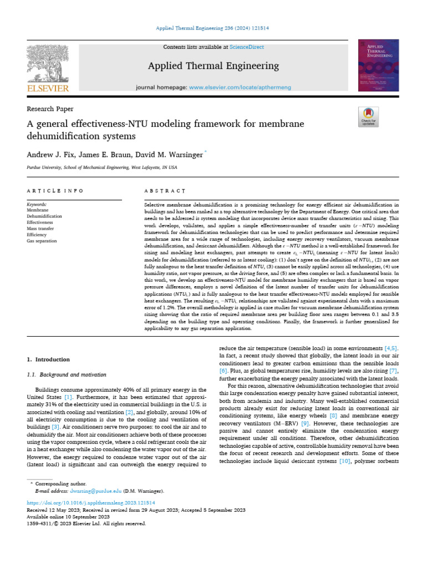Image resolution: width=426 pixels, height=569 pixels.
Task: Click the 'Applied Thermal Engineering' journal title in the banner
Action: pyautogui.click(x=213, y=67)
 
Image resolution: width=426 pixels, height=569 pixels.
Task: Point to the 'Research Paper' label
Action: pyautogui.click(x=50, y=109)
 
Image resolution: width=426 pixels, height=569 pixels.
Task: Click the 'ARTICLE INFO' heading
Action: pyautogui.click(x=55, y=191)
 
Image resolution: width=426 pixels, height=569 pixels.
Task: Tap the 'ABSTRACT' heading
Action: pyautogui.click(x=165, y=191)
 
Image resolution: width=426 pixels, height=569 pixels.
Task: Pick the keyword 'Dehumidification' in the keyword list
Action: pyautogui.click(x=44, y=216)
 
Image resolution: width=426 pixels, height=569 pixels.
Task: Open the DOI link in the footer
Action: pyautogui.click(x=91, y=502)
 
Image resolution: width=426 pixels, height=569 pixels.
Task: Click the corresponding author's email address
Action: pyautogui.click(x=92, y=491)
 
